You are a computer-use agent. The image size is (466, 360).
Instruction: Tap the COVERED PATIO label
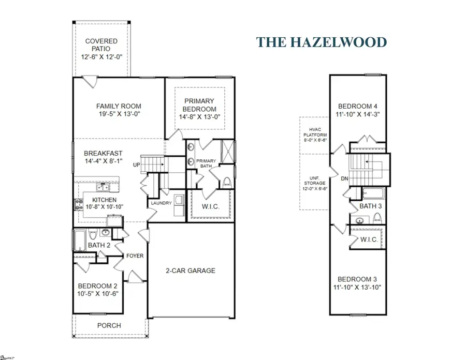pos(101,44)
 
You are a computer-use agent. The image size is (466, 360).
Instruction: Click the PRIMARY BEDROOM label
pos(199,106)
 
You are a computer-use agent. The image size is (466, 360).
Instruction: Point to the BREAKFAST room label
pos(104,153)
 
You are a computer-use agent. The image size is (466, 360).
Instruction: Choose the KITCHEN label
pos(104,200)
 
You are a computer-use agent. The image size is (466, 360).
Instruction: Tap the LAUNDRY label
pos(161,203)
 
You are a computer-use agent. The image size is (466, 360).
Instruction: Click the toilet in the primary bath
pos(226,183)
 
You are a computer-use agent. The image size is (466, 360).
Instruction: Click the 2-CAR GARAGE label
pos(191,271)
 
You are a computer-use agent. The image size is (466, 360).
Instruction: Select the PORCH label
pos(109,325)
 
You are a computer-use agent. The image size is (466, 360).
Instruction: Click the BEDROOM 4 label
pos(357,107)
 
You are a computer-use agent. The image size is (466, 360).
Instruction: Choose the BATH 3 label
pos(371,206)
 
